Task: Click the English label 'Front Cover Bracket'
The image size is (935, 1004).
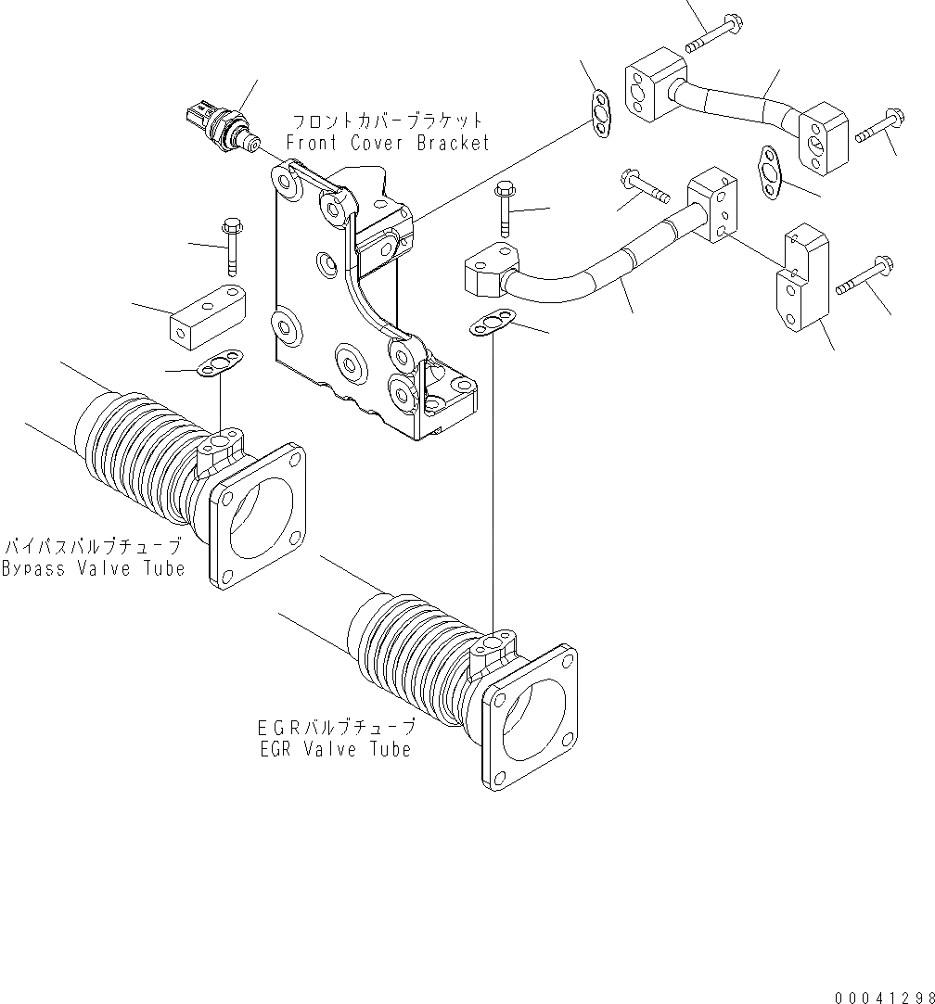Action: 387,143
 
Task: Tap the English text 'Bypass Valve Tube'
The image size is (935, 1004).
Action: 93,568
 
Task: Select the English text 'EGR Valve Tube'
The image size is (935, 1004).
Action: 335,748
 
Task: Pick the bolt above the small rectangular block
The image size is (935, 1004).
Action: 230,245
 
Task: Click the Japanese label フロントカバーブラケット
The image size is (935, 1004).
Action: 387,121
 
